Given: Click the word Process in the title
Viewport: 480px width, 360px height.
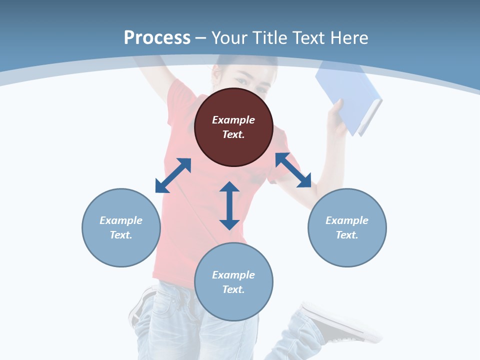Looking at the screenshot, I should coord(157,37).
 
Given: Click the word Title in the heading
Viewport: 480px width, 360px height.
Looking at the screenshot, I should coord(268,37).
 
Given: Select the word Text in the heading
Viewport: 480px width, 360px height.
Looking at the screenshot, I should coord(308,37).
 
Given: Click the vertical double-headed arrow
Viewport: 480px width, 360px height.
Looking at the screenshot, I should coord(229,205).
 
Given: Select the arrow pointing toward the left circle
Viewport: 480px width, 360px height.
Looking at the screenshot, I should coord(173,175).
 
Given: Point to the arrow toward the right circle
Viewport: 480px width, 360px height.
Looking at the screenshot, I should coord(293,170).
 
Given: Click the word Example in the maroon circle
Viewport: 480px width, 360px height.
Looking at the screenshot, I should coord(233,120).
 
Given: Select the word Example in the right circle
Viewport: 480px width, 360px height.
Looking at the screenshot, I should coord(347,220).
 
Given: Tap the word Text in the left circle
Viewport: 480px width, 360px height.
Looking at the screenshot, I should coord(121,235).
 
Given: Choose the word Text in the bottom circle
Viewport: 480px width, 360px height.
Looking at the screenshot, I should coord(233,289).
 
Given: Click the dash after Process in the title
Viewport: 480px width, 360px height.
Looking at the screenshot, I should coord(201,38).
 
